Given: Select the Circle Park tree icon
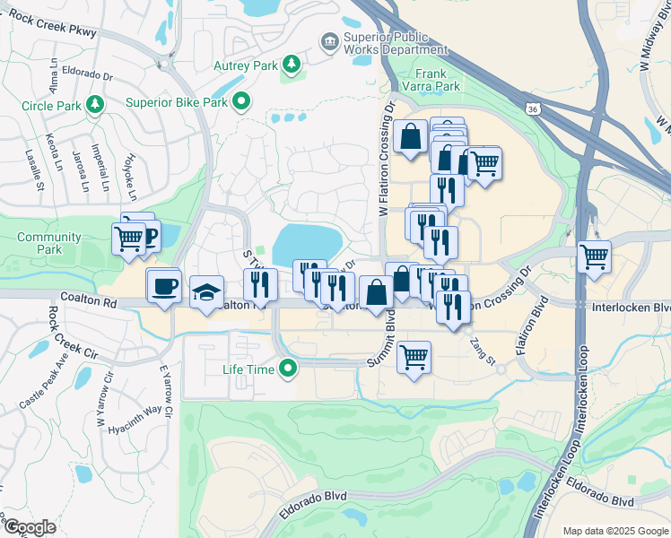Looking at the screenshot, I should tap(95, 106).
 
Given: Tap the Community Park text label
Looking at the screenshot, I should tap(48, 243).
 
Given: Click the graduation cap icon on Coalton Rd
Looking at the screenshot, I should tap(206, 293).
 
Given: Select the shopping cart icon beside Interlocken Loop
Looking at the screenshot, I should tap(595, 256).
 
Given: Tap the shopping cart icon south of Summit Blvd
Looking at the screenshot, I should tap(414, 357).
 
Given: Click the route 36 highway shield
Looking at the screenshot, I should tap(534, 109).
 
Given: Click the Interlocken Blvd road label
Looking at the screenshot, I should tap(632, 307).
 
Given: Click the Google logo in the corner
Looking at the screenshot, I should tap(30, 527).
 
